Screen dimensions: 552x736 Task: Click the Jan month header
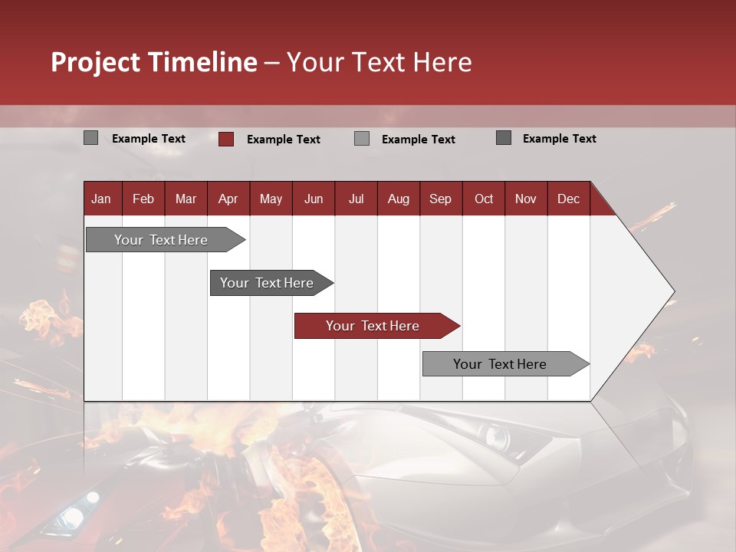click(101, 199)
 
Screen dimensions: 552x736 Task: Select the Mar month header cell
click(186, 199)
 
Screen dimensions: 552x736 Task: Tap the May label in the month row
click(271, 199)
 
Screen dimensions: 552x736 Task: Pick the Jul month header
click(356, 199)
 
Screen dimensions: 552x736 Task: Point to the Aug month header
click(398, 199)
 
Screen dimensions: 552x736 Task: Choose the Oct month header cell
click(484, 199)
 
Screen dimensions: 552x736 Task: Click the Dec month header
click(568, 199)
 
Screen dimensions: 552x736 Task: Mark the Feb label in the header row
click(143, 199)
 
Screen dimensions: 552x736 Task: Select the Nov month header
click(526, 199)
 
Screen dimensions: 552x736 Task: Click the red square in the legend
click(225, 139)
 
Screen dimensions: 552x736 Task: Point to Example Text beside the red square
click(283, 140)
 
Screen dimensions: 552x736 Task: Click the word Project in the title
click(96, 62)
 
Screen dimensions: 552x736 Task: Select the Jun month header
click(314, 199)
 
